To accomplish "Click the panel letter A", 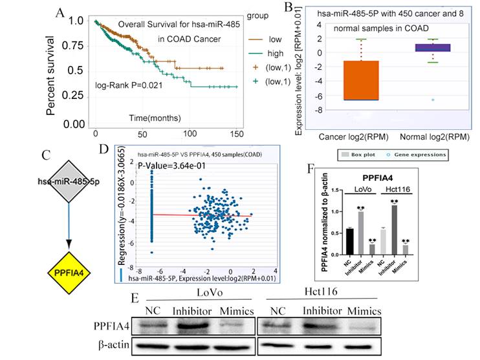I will (x=59, y=13).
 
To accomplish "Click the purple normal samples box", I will (x=433, y=47).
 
